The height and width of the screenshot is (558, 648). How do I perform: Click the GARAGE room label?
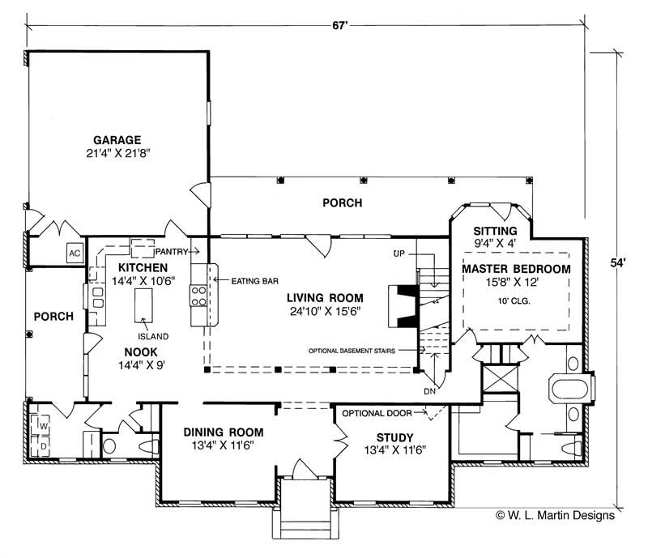pos(118,138)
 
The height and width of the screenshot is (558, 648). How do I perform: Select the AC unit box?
pos(75,253)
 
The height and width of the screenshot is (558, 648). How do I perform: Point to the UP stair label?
pos(399,254)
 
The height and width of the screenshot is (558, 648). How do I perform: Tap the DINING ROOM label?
pos(220,432)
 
